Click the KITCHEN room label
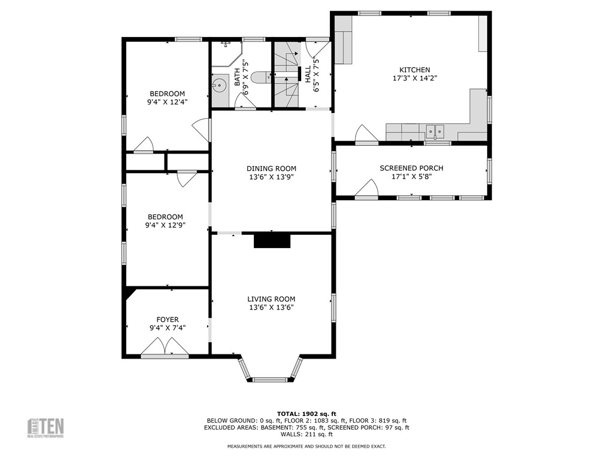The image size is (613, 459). pyautogui.click(x=411, y=70)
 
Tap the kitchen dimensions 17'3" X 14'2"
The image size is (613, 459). pyautogui.click(x=411, y=78)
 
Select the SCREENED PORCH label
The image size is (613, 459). pyautogui.click(x=411, y=168)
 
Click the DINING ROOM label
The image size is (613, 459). pyautogui.click(x=271, y=169)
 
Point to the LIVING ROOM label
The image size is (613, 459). pyautogui.click(x=271, y=299)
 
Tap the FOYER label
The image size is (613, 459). pyautogui.click(x=168, y=320)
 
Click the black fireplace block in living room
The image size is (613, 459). pyautogui.click(x=272, y=240)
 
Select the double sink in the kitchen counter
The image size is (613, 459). pyautogui.click(x=435, y=130)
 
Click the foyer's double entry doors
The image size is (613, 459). pyautogui.click(x=164, y=347)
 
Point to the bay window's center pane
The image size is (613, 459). pyautogui.click(x=270, y=379)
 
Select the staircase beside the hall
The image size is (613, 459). pyautogui.click(x=286, y=74)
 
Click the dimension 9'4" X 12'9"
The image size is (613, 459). pyautogui.click(x=165, y=225)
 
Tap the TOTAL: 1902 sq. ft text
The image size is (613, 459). pyautogui.click(x=306, y=414)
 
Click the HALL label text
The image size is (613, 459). pyautogui.click(x=308, y=74)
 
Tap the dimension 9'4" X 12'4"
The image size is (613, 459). pyautogui.click(x=166, y=102)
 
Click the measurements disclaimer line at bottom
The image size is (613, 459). pyautogui.click(x=306, y=446)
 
